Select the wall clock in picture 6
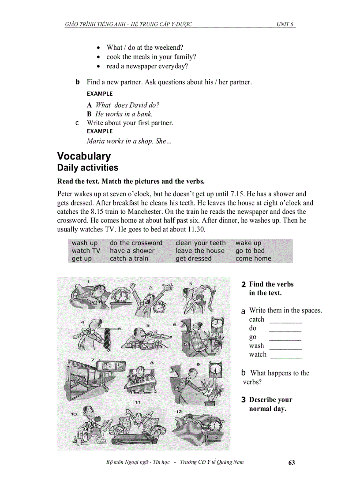point(217,325)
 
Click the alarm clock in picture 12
point(215,425)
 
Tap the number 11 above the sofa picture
point(138,402)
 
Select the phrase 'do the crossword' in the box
point(136,243)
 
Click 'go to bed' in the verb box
point(250,251)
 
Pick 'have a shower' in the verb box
point(132,251)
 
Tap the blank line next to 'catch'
point(285,322)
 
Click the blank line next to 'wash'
point(285,349)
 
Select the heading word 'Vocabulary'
point(84,156)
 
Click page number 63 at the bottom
point(291,463)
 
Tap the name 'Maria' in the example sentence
point(95,141)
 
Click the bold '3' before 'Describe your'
point(243,400)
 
